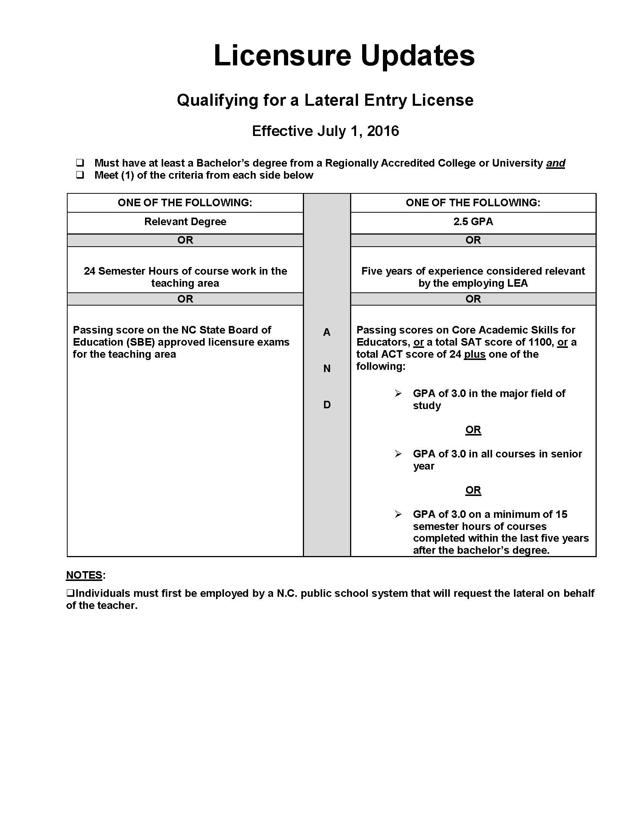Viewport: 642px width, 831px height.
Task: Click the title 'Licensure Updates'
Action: pyautogui.click(x=344, y=56)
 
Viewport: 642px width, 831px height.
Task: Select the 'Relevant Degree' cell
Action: pyautogui.click(x=185, y=222)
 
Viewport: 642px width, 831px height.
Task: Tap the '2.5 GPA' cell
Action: pyautogui.click(x=473, y=222)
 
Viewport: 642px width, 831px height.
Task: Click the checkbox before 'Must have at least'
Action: pyautogui.click(x=80, y=163)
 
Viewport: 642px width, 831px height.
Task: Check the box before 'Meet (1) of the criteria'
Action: pyautogui.click(x=80, y=175)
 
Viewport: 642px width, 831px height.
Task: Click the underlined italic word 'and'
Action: pyautogui.click(x=555, y=163)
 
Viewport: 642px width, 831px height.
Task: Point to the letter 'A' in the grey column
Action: pyautogui.click(x=327, y=332)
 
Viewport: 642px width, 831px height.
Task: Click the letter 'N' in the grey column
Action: pyautogui.click(x=327, y=368)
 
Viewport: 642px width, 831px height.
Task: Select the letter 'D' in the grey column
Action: pyautogui.click(x=327, y=405)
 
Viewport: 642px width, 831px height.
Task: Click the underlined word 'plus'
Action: pyautogui.click(x=475, y=354)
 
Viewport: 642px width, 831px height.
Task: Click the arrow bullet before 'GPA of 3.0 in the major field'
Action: pyautogui.click(x=398, y=394)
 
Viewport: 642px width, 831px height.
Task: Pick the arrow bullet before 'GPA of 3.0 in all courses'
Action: pyautogui.click(x=398, y=454)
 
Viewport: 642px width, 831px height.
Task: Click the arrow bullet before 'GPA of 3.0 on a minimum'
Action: pyautogui.click(x=398, y=514)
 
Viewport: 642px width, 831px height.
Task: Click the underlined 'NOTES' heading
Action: pyautogui.click(x=84, y=575)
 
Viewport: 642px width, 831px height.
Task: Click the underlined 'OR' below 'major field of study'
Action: pyautogui.click(x=473, y=429)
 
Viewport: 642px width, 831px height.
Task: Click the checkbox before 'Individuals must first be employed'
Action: pyautogui.click(x=70, y=593)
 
